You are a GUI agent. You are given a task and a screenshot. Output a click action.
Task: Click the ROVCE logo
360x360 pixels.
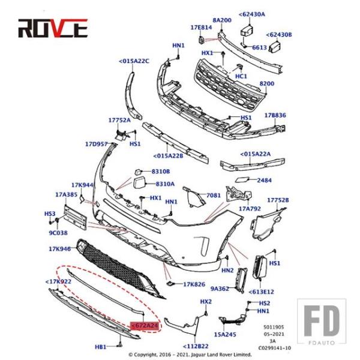(x=53, y=28)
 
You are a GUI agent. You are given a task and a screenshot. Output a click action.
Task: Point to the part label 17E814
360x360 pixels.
(x=201, y=28)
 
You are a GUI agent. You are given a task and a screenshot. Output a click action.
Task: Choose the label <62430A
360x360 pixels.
(x=251, y=14)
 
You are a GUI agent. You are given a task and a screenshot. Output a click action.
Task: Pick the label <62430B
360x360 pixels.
(x=280, y=35)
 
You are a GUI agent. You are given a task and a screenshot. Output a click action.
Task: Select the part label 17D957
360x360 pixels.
(x=96, y=144)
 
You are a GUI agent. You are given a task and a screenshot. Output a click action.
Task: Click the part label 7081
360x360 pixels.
(x=214, y=196)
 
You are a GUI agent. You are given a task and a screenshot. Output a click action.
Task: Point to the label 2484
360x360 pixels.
(x=264, y=180)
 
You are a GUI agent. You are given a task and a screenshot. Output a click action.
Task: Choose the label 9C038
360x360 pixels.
(x=59, y=232)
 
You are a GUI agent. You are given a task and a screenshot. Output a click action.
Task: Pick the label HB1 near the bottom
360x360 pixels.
(x=101, y=347)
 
